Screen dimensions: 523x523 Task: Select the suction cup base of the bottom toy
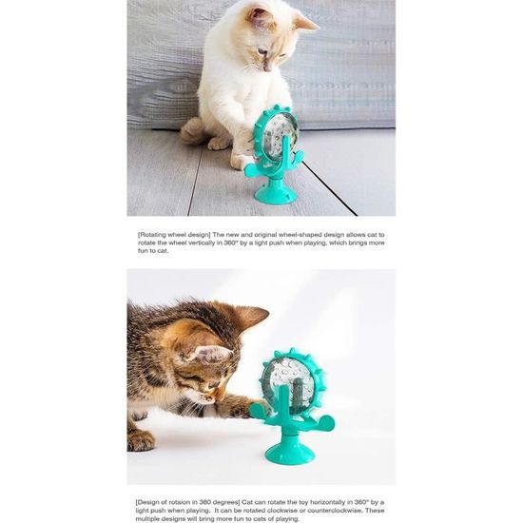pos(289,451)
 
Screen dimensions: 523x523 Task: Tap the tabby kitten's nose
pos(221,395)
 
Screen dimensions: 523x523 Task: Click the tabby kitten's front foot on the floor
pos(140,440)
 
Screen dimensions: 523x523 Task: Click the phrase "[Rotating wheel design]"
pos(174,235)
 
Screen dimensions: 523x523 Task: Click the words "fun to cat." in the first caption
pos(153,251)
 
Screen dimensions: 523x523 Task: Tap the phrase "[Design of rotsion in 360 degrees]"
pos(187,502)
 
